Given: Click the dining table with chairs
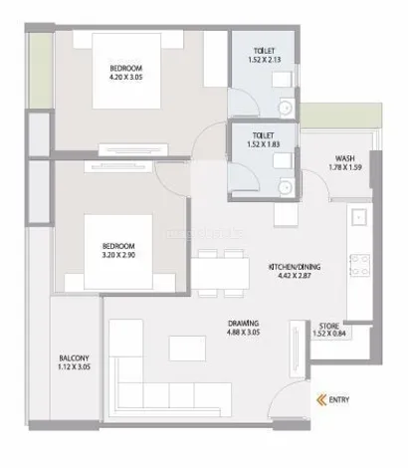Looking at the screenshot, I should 221,269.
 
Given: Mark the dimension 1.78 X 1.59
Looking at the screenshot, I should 345,168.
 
